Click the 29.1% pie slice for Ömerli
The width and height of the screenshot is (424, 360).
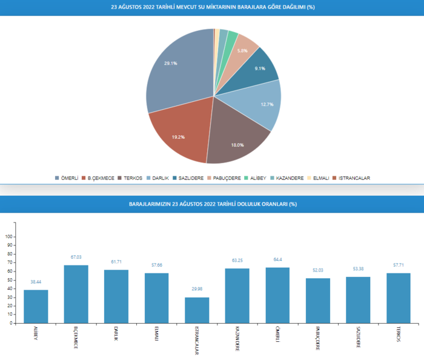point(176,73)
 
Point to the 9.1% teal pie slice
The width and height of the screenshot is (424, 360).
point(257,70)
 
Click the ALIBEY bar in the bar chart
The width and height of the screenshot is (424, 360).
point(36,306)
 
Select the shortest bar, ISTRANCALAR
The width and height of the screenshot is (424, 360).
point(197,310)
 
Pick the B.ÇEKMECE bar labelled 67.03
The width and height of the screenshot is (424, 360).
point(76,294)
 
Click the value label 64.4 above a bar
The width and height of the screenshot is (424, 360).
point(277,260)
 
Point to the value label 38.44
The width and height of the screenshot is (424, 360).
point(36,282)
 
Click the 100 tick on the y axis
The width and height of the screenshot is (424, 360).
point(8,237)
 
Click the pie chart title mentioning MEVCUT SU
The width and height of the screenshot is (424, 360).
point(211,7)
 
